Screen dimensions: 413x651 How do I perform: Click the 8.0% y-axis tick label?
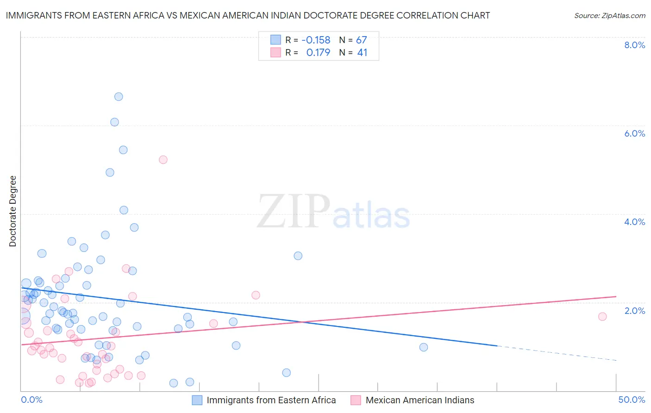pos(634,45)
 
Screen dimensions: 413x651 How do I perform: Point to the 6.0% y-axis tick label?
pos(634,133)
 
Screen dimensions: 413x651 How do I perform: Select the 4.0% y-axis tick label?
pos(634,222)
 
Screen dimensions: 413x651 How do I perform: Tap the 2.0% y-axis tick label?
pos(634,311)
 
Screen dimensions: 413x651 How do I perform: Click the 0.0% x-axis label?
pos(31,400)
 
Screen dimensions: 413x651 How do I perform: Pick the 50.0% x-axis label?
pos(632,400)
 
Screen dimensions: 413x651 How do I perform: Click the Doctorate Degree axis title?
pos(13,211)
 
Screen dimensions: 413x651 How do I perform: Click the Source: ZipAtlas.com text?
pos(609,15)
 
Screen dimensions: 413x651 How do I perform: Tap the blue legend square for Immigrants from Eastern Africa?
pos(197,400)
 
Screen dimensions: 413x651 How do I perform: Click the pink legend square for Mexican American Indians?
pos(356,400)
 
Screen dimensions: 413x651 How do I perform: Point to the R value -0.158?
pos(316,40)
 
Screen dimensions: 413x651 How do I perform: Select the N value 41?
pos(362,53)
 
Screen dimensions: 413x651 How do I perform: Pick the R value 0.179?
pos(318,53)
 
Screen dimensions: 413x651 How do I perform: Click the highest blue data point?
pos(119,97)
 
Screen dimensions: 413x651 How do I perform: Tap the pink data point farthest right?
pos(602,317)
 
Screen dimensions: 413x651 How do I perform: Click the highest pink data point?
pos(163,160)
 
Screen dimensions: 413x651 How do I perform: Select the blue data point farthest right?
pos(423,347)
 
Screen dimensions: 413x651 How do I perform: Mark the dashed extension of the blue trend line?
pos(556,353)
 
